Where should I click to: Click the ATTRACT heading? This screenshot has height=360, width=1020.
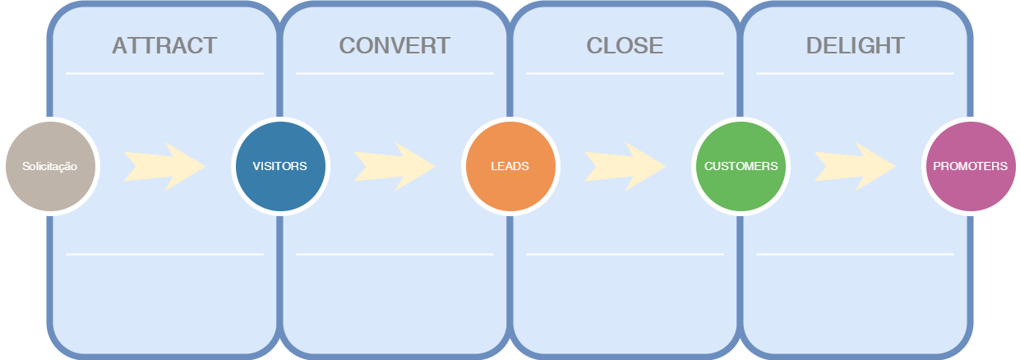point(164,45)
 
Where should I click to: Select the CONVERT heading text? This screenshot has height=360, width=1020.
point(395,45)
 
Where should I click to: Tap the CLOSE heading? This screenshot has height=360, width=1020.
point(625,45)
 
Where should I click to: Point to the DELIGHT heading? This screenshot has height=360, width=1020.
point(855,45)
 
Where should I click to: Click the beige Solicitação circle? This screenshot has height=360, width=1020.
point(50,166)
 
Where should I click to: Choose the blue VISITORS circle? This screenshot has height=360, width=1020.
point(279,166)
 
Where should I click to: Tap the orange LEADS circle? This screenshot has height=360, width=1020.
point(510,166)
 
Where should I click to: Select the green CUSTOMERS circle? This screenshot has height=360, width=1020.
point(741,166)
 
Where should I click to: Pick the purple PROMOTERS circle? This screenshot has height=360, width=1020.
point(970,166)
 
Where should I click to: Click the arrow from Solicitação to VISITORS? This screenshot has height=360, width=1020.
point(164,166)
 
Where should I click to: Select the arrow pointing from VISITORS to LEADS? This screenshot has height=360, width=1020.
point(395,166)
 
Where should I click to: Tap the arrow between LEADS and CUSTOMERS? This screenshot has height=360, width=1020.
point(625,166)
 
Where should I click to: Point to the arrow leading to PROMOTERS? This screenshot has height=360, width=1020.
point(855,166)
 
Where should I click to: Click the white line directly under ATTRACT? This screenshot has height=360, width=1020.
point(164,73)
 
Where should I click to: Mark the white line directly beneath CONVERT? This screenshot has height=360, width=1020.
point(395,73)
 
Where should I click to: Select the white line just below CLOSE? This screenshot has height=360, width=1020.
point(625,73)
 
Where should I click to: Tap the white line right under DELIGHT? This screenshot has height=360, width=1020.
point(855,73)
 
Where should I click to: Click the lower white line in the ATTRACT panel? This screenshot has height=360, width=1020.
point(164,254)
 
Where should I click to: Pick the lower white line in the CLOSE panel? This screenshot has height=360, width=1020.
point(625,254)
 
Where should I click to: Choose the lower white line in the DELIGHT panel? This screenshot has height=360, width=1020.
point(855,254)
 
